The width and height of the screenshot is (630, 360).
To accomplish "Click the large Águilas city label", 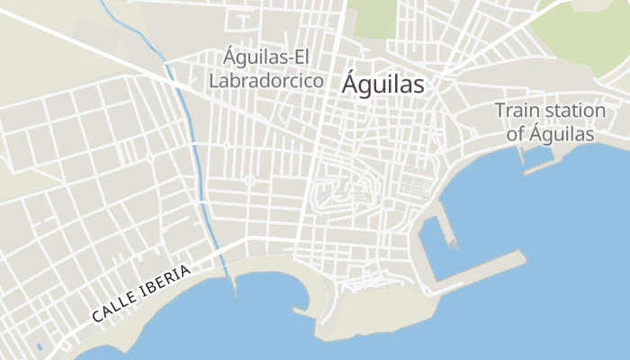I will (382, 85).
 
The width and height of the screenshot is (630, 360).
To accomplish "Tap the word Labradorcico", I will (265, 80).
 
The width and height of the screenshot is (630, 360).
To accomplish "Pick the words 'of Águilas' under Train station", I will (550, 134).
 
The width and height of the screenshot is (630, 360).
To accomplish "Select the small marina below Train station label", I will (537, 157).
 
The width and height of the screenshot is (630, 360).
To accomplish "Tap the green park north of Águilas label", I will (371, 18).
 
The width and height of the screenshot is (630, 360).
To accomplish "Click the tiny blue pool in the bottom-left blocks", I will (39, 346).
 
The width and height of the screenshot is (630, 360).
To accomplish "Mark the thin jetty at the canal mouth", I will (234, 284).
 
